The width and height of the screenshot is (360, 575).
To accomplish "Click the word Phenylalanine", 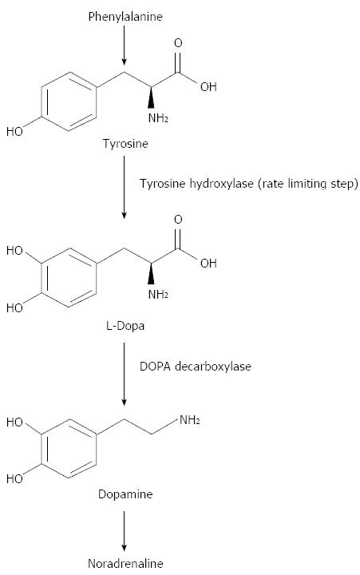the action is [125, 17].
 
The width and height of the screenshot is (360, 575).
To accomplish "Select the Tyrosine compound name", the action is [125, 144].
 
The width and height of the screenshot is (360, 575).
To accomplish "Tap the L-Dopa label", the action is [125, 326].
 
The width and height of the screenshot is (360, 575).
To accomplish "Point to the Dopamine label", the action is [125, 494].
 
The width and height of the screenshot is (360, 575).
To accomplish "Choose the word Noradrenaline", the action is [125, 563].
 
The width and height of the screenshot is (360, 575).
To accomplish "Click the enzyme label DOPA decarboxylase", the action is [196, 367].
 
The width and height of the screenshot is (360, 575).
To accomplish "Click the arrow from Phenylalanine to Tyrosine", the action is [124, 45].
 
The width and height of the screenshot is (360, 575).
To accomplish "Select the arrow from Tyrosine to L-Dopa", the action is [124, 187].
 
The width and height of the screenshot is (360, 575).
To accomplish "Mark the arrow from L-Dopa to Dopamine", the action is [124, 374].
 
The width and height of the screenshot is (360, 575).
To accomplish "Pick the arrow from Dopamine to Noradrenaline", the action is [124, 531].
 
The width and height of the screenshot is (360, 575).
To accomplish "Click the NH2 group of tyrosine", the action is [158, 118].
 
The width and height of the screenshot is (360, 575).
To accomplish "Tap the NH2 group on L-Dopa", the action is [158, 294].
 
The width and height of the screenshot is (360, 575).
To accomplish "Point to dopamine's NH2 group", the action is [189, 420].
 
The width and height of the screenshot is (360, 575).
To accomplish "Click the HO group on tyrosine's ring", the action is [14, 131].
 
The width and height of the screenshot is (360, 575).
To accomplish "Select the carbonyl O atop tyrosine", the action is [178, 43].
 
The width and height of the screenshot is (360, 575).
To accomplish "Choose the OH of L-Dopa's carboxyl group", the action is [208, 263].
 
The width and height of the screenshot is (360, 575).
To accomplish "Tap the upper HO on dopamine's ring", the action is [14, 422].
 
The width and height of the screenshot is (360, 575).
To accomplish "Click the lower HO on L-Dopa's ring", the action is [14, 307].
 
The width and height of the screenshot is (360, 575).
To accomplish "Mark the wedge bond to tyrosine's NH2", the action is [151, 97].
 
